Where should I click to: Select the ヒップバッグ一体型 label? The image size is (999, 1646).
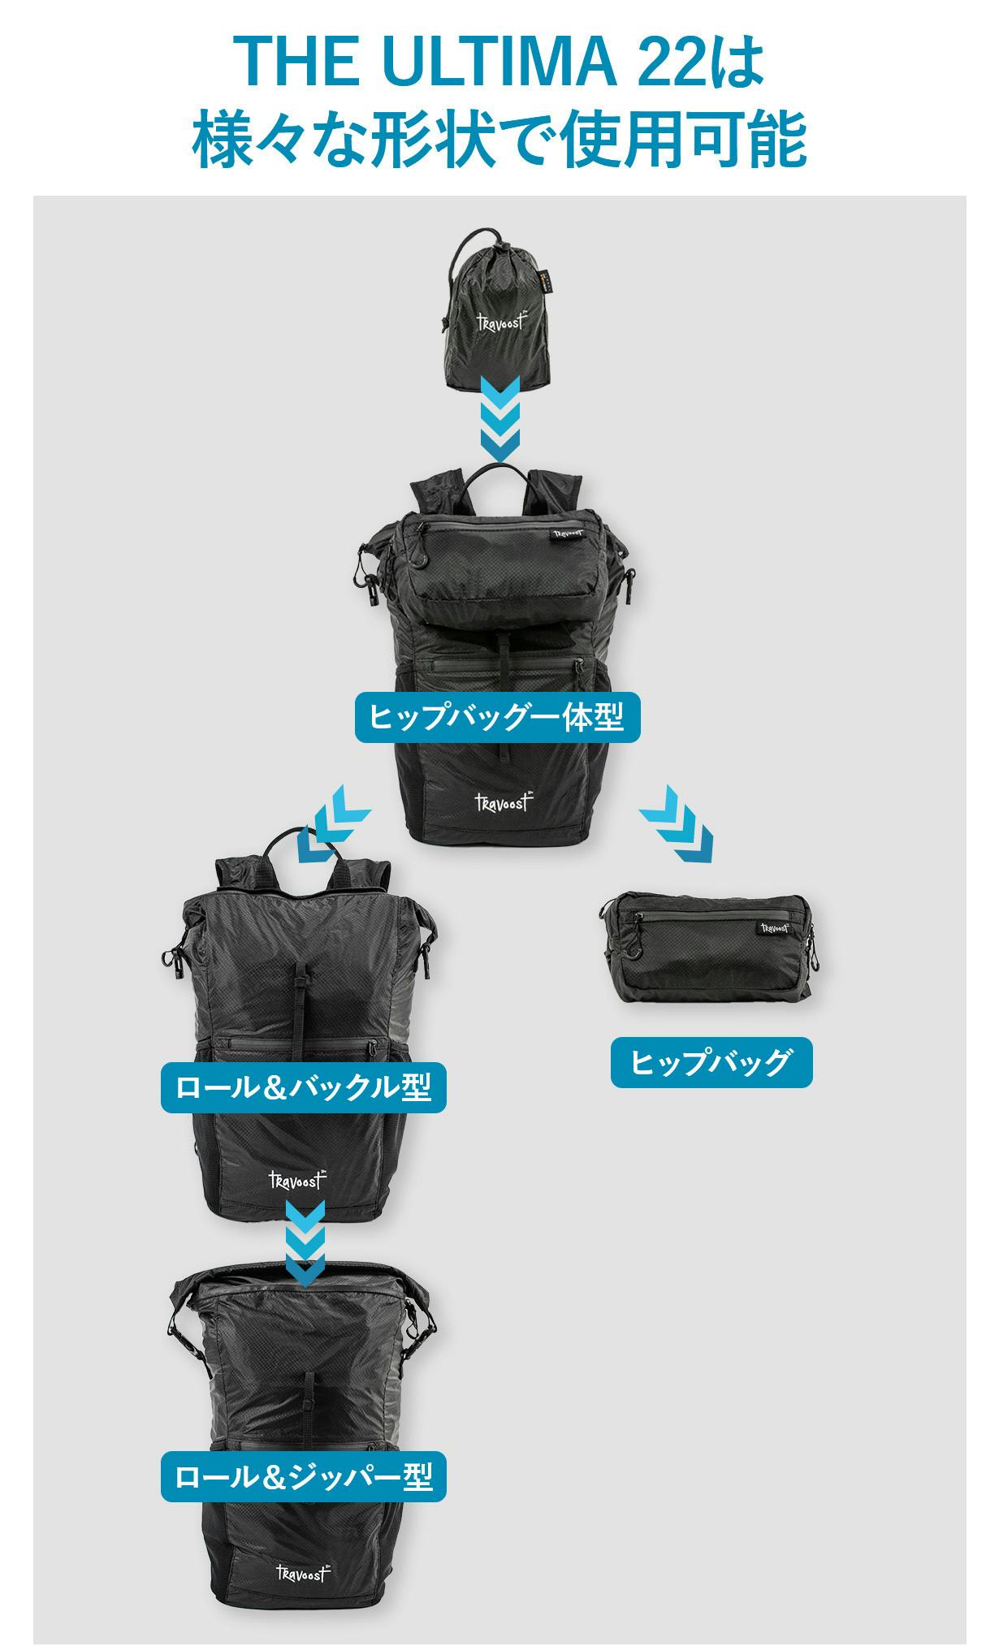(497, 717)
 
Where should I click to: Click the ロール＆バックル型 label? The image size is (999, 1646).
(304, 1087)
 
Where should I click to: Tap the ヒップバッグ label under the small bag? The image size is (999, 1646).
(711, 1062)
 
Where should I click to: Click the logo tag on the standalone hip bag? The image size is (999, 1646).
(775, 927)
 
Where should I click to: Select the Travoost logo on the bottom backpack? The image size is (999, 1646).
(302, 1573)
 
